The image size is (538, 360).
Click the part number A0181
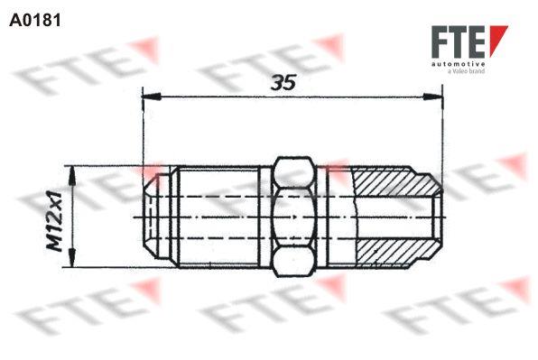pyautogui.click(x=35, y=17)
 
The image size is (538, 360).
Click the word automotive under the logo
pyautogui.click(x=460, y=65)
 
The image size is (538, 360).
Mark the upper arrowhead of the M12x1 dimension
pyautogui.click(x=74, y=171)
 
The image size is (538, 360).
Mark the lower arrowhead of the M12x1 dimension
pyautogui.click(x=74, y=261)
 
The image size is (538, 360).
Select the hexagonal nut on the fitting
pyautogui.click(x=293, y=217)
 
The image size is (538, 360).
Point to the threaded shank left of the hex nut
pyautogui.click(x=221, y=217)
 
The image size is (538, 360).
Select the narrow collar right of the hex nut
pyautogui.click(x=334, y=217)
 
